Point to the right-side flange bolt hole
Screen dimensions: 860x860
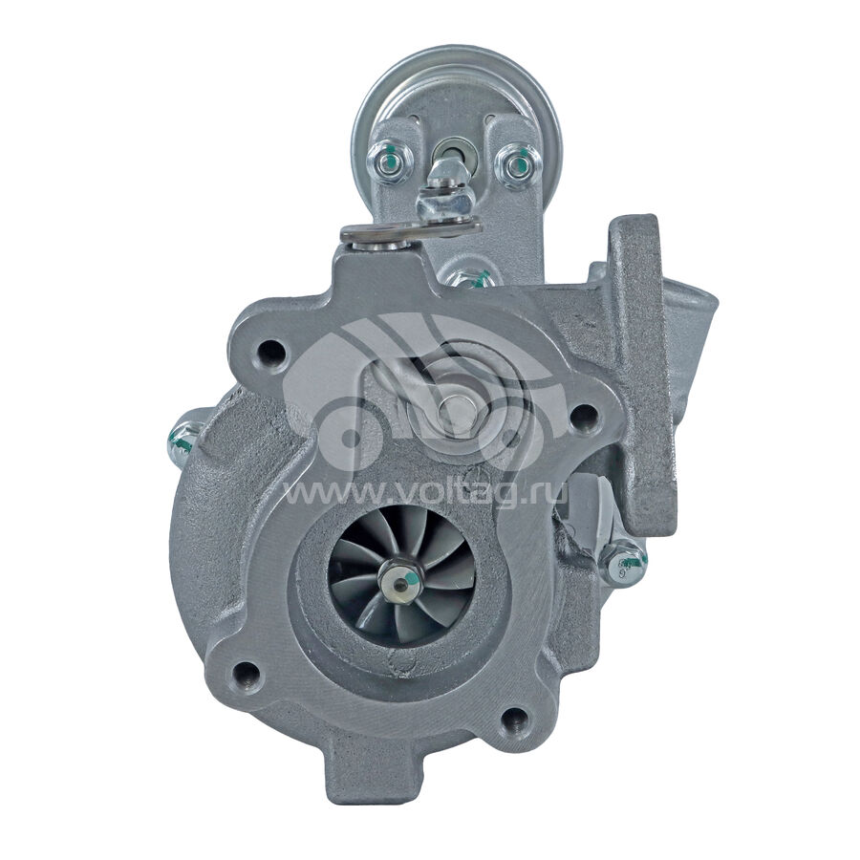tap(584, 414)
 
